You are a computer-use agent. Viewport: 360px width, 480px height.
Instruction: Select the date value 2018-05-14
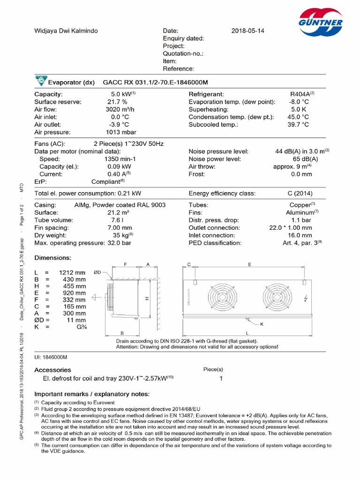pyautogui.click(x=248, y=31)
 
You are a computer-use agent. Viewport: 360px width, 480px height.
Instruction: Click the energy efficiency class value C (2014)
pyautogui.click(x=300, y=193)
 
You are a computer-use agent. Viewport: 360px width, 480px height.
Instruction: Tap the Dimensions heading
pyautogui.click(x=53, y=258)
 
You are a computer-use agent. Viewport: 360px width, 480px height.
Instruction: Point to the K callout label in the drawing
pyautogui.click(x=262, y=324)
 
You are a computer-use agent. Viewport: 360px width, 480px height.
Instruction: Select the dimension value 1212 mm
pyautogui.click(x=72, y=272)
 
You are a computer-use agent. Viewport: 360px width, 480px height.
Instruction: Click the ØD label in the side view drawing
pyautogui.click(x=98, y=272)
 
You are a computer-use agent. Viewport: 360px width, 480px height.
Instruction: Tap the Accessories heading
pyautogui.click(x=53, y=370)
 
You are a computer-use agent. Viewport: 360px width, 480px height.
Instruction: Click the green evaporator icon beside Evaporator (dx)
pyautogui.click(x=39, y=82)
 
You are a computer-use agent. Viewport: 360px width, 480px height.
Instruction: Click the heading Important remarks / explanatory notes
pyautogui.click(x=92, y=393)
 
